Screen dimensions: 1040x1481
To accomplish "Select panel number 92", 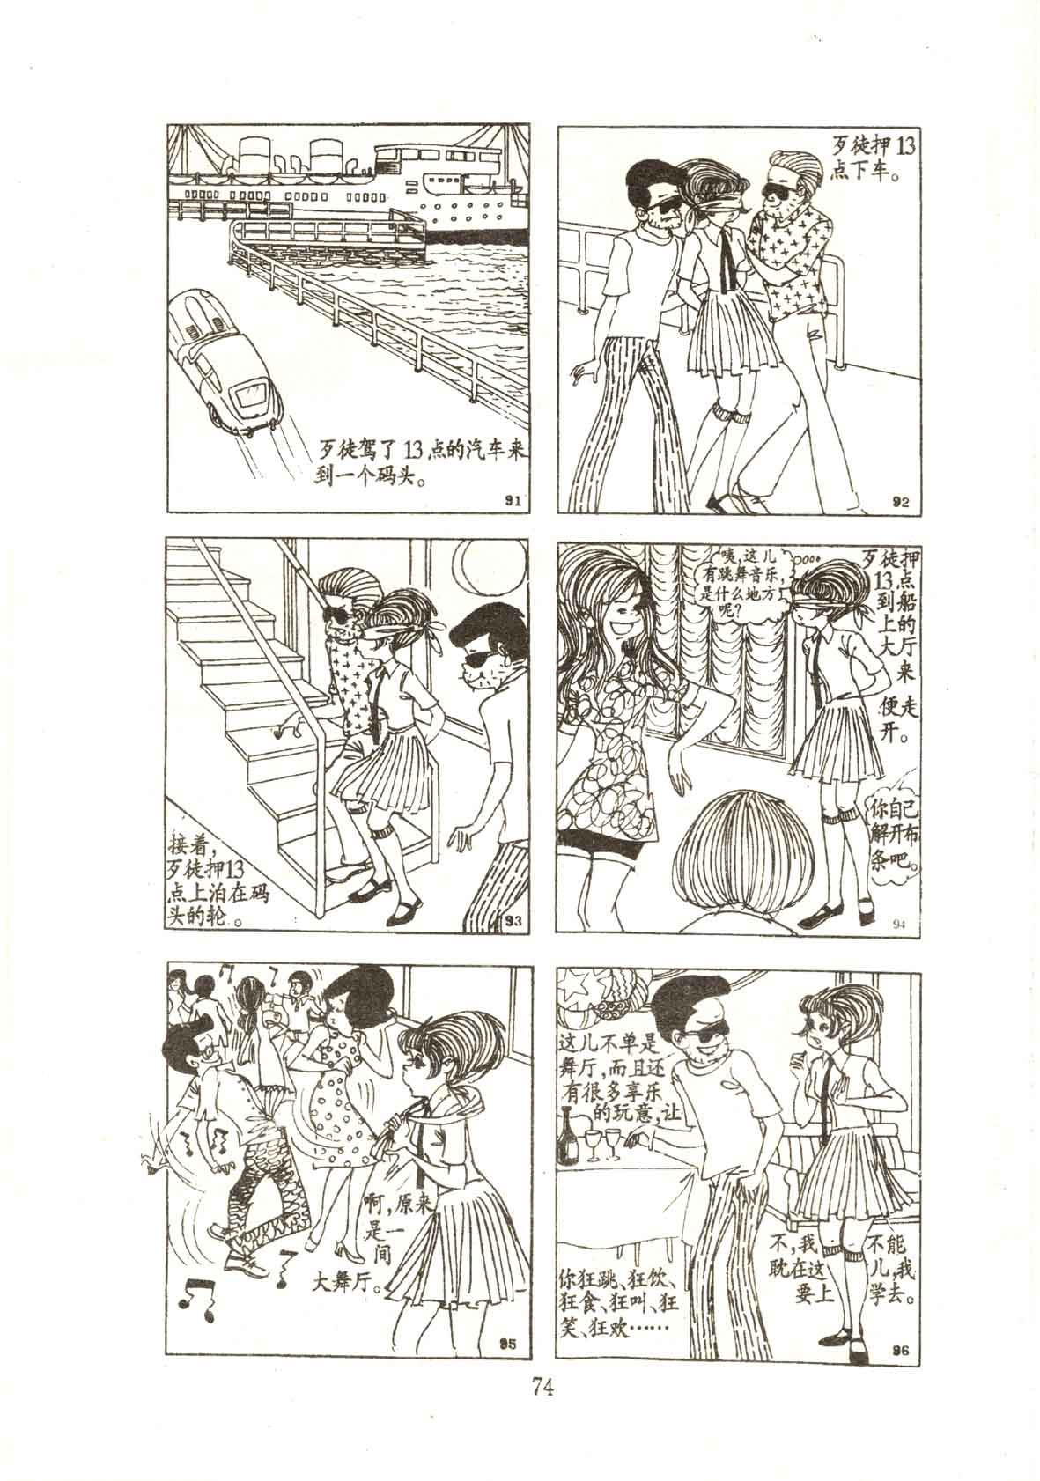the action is tap(901, 500).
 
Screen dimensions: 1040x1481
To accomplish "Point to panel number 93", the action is tap(513, 917).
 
